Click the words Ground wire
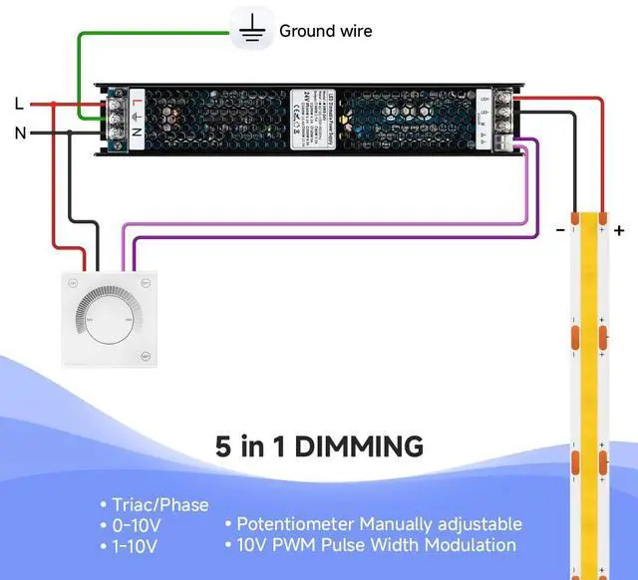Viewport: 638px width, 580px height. click(325, 31)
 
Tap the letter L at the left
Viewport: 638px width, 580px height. click(19, 103)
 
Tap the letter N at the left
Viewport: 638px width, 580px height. click(20, 132)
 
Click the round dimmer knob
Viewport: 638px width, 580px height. click(112, 316)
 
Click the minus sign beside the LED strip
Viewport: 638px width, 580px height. click(560, 230)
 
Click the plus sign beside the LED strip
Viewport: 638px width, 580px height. click(619, 230)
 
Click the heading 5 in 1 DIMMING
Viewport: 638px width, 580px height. click(319, 444)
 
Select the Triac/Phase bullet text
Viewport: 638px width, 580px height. click(160, 504)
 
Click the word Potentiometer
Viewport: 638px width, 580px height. click(294, 524)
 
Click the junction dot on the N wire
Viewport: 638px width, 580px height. click(69, 132)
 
